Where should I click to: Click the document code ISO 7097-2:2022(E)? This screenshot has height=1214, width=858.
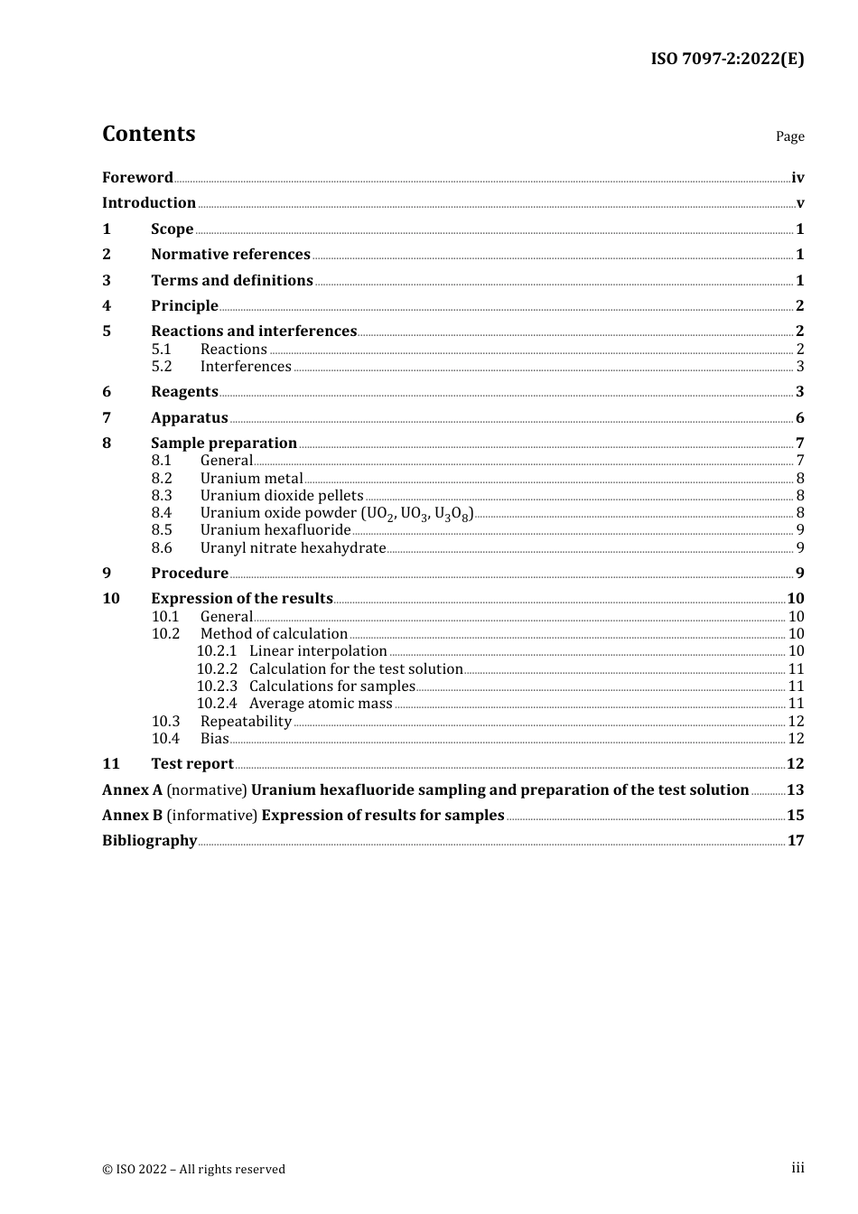click(727, 60)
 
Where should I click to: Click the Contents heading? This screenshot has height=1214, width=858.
click(148, 134)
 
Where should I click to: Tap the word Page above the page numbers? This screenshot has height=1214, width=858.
click(789, 136)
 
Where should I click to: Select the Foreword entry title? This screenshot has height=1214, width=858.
click(137, 178)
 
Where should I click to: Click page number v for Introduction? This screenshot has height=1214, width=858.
click(799, 203)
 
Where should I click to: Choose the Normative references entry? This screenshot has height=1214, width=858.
click(230, 255)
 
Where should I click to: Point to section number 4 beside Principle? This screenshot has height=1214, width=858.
click(107, 306)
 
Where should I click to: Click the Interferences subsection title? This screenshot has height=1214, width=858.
click(246, 367)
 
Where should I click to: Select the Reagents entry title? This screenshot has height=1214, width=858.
click(184, 392)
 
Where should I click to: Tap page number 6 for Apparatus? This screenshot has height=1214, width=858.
click(799, 418)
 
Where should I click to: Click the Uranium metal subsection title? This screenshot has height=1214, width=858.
click(252, 479)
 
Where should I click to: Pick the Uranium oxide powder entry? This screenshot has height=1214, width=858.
click(336, 513)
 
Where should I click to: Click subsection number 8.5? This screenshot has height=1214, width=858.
click(162, 530)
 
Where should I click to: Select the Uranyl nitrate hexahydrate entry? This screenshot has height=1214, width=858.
click(293, 548)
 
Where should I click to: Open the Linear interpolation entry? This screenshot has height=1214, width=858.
click(318, 651)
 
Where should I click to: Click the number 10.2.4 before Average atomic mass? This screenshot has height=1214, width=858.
click(217, 704)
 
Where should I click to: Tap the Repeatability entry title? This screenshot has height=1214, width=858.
click(246, 722)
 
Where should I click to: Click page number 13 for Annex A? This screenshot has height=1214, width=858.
click(795, 790)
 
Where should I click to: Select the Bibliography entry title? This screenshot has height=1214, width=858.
click(149, 841)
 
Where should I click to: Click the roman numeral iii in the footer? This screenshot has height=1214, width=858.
click(797, 1168)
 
